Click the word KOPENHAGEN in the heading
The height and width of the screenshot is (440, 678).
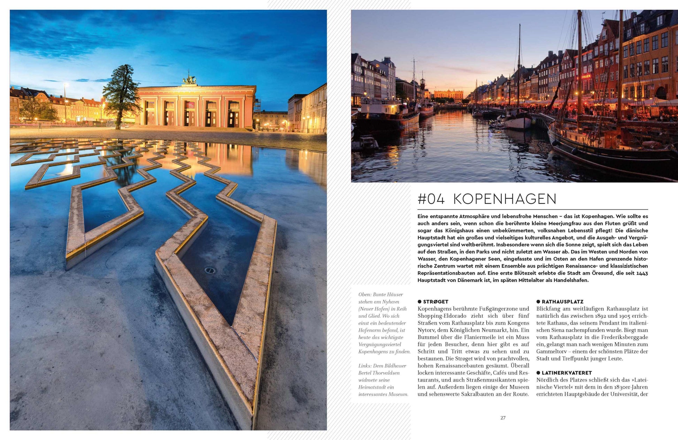pos(504,199)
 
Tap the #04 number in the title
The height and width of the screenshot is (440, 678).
pos(431,199)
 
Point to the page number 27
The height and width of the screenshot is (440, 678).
pos(503,418)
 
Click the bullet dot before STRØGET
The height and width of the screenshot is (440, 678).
pos(419,302)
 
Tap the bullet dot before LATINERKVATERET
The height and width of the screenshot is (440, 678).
pos(538,373)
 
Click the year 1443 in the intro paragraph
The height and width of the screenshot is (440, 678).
pos(642,273)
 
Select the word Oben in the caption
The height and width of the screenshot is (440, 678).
pos(364,295)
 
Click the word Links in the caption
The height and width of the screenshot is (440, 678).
pos(365,366)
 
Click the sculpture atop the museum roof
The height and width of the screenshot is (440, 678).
pos(190,79)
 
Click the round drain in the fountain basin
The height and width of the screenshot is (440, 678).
pos(209,270)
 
